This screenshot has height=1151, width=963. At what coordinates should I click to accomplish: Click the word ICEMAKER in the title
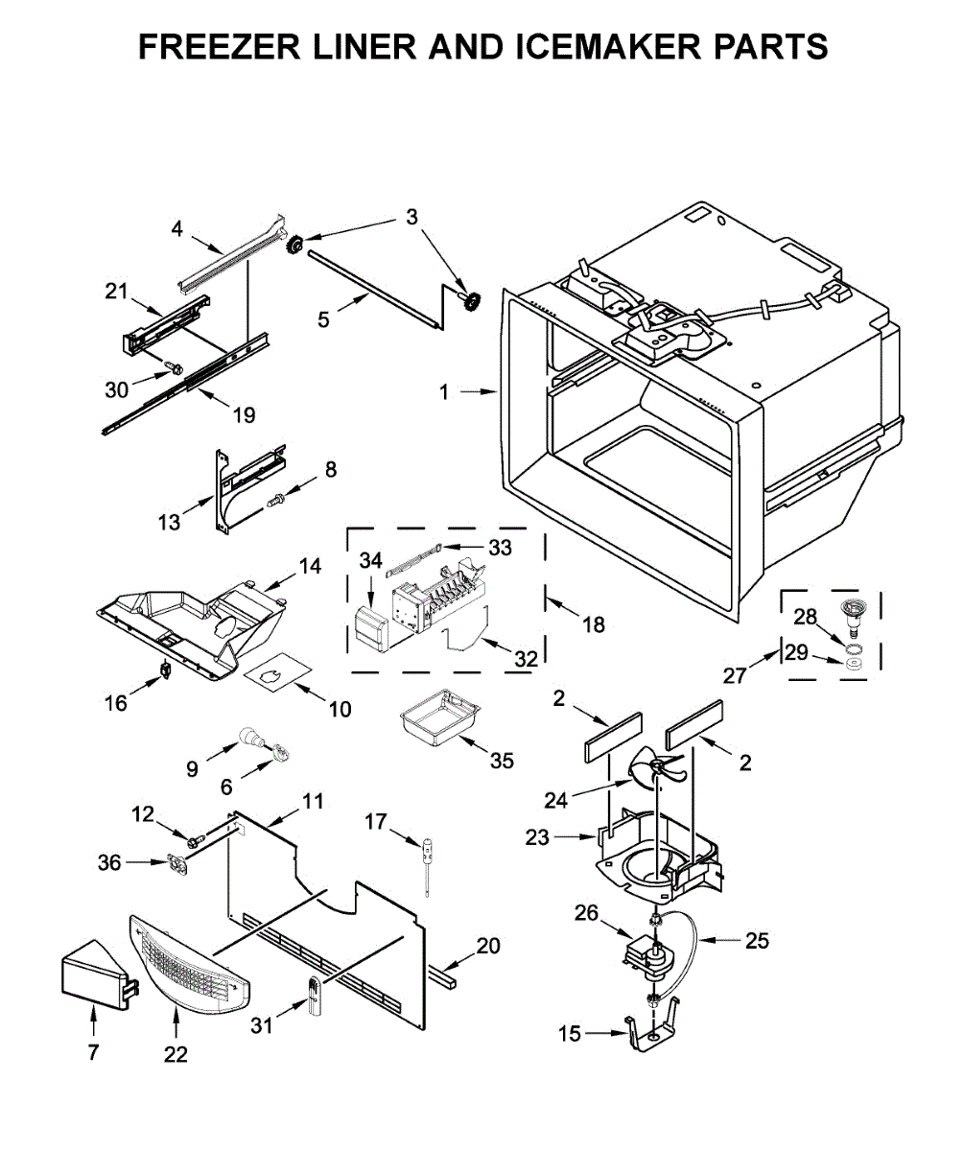[x=608, y=46]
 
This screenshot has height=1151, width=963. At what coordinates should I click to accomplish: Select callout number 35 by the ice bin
[x=502, y=761]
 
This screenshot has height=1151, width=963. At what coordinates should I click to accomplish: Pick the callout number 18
[x=594, y=624]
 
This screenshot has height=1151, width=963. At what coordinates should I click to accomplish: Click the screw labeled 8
[x=275, y=500]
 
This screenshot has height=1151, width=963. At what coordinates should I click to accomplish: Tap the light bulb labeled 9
[x=252, y=737]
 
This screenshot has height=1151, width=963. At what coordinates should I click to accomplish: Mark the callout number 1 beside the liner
[x=444, y=392]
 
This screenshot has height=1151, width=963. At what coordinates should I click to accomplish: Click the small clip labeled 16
[x=165, y=669]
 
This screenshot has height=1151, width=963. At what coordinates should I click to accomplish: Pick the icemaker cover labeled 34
[x=370, y=626]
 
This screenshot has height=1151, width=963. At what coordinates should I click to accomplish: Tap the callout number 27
[x=734, y=676]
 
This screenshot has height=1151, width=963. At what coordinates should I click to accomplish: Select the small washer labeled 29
[x=854, y=662]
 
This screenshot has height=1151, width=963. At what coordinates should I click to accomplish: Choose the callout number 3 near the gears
[x=411, y=218]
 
